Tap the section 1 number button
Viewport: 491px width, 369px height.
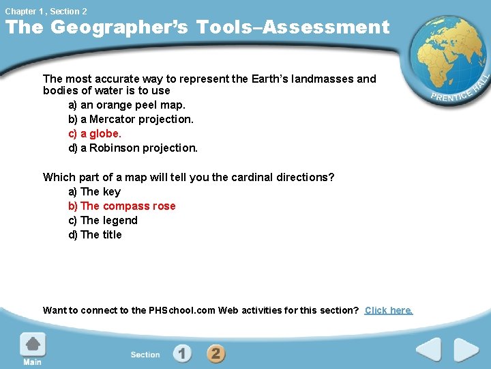point(182,353)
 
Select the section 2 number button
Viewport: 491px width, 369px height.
point(215,353)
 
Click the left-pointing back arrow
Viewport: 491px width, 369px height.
point(428,351)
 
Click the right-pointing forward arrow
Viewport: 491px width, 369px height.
point(466,351)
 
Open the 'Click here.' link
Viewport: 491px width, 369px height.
point(389,310)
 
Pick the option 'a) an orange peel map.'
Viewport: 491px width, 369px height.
point(126,105)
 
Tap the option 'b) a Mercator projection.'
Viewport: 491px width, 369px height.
point(130,119)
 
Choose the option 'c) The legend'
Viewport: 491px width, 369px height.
point(102,220)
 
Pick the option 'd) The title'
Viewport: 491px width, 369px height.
point(95,234)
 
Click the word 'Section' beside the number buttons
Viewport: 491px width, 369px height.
point(145,355)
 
